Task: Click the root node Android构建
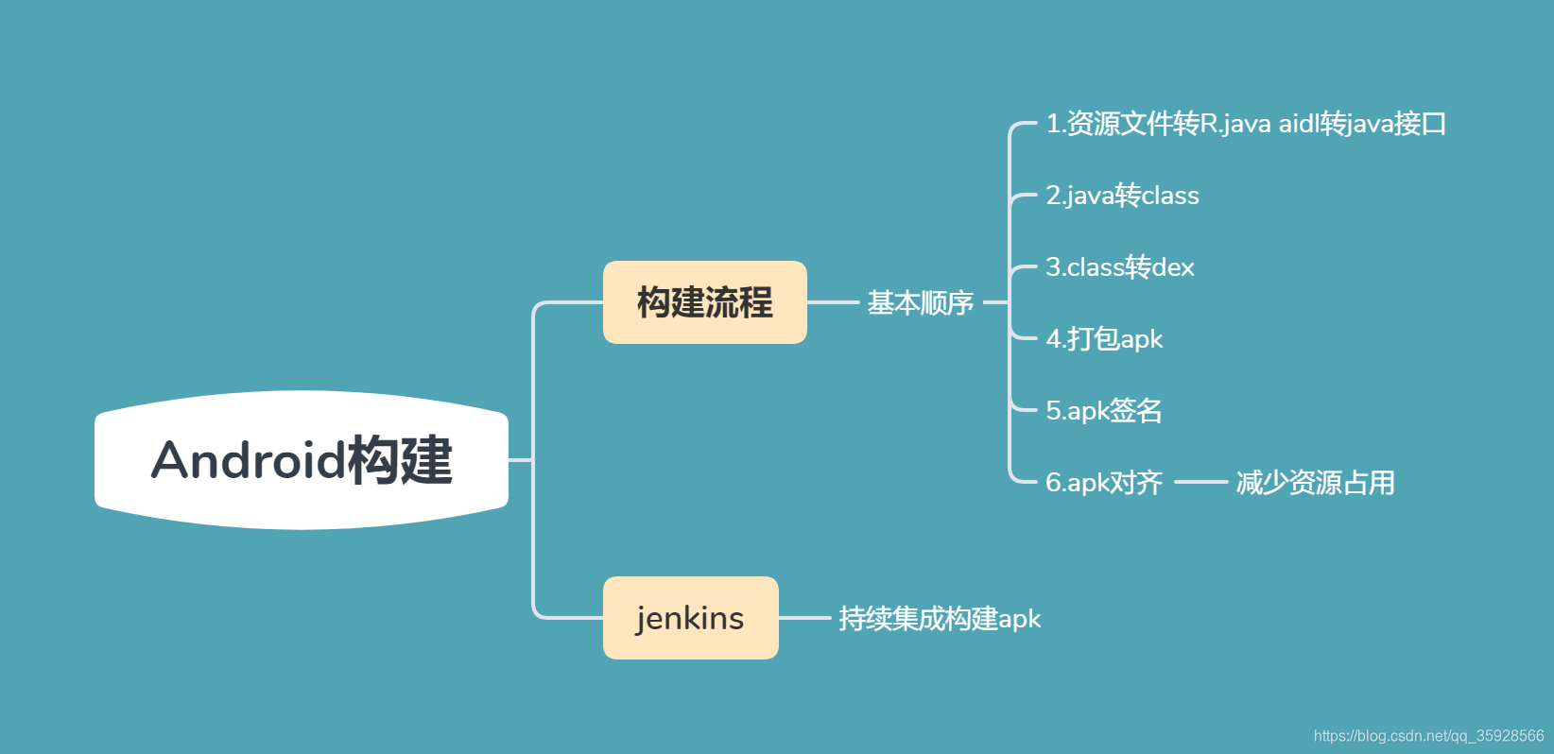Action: pos(302,460)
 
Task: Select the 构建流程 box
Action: pos(704,302)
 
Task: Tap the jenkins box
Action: pos(690,618)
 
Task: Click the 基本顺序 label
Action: pos(920,302)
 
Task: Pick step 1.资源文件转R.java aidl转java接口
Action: pos(1245,124)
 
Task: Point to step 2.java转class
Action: pos(1122,196)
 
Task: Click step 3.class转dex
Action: pos(1119,267)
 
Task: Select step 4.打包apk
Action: pos(1103,339)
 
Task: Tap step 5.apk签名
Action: pos(1103,411)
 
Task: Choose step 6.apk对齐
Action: pos(1103,483)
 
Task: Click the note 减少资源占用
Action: pos(1315,483)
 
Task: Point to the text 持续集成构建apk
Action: pos(939,619)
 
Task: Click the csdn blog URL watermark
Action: pos(1428,736)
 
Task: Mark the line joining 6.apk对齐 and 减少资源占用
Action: pos(1200,482)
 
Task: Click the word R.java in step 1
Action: pos(1235,124)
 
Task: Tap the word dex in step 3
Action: pos(1173,267)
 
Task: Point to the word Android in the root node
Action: pos(248,460)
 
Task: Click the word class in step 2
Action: pos(1170,196)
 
